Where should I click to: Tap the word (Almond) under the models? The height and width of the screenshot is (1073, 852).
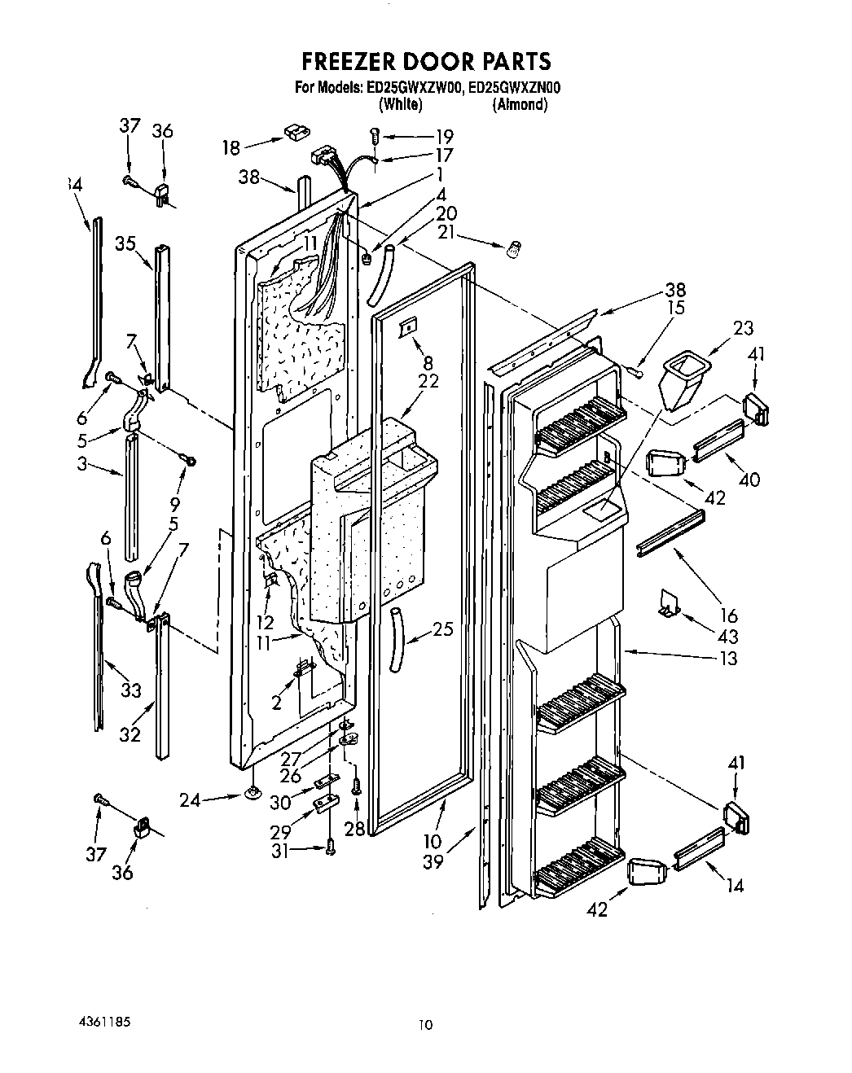click(x=520, y=104)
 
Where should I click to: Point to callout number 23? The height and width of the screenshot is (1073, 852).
click(x=742, y=328)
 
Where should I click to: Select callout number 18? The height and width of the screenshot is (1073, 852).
click(x=231, y=147)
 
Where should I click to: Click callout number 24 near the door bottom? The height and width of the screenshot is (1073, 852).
click(x=190, y=800)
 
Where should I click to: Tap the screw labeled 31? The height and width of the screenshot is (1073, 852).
click(x=330, y=848)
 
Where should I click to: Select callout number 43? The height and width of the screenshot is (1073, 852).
click(x=729, y=636)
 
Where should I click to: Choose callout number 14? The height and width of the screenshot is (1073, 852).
click(x=735, y=885)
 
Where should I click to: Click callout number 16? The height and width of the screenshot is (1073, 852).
click(x=729, y=615)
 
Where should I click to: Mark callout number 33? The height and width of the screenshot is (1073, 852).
click(x=130, y=690)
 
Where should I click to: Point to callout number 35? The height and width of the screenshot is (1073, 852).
click(x=125, y=242)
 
